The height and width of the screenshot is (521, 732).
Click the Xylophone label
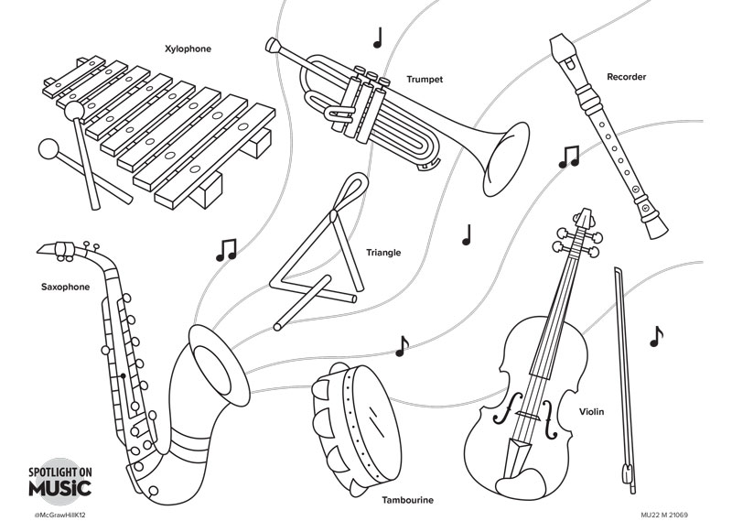pyautogui.click(x=188, y=49)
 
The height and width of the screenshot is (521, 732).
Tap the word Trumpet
pyautogui.click(x=425, y=80)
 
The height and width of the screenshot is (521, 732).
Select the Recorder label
pyautogui.click(x=626, y=77)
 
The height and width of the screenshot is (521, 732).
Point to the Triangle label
pyautogui.click(x=383, y=253)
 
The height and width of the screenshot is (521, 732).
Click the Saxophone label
pyautogui.click(x=65, y=287)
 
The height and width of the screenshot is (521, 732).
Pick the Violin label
pyautogui.click(x=591, y=412)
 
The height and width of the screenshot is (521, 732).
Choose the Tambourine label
pyautogui.click(x=408, y=500)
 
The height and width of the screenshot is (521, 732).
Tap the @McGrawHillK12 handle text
pyautogui.click(x=59, y=515)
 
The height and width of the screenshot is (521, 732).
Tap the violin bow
pyautogui.click(x=622, y=366)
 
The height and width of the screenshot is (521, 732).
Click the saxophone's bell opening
pyautogui.click(x=217, y=361)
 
